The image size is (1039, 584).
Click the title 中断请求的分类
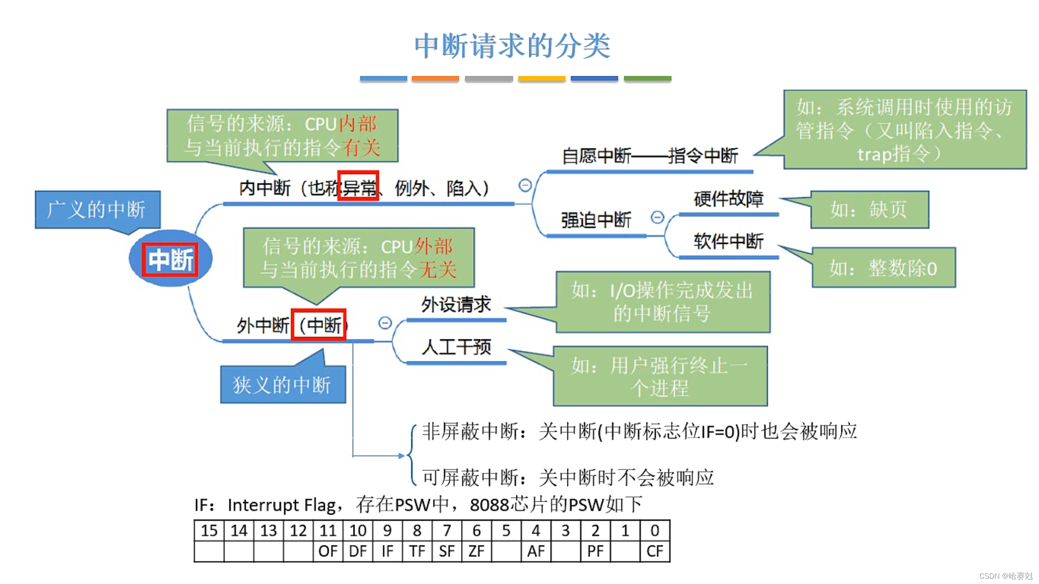(x=512, y=46)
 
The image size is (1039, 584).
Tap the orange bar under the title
(x=435, y=79)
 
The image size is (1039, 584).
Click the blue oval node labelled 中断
(x=170, y=259)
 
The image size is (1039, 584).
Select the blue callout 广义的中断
(x=97, y=209)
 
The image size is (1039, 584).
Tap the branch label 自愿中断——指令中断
(x=649, y=156)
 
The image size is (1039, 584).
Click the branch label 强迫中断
(x=596, y=220)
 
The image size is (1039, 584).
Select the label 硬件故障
(x=728, y=199)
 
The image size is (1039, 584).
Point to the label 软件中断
(x=728, y=241)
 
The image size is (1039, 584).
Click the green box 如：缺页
(x=869, y=210)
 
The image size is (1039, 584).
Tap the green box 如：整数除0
(x=883, y=268)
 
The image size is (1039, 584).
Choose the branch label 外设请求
(x=456, y=304)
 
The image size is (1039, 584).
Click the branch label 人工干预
(x=456, y=347)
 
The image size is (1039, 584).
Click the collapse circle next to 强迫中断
(x=657, y=217)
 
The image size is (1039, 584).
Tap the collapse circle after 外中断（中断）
(x=385, y=323)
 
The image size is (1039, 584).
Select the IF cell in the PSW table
(x=387, y=551)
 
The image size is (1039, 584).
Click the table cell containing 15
(x=209, y=530)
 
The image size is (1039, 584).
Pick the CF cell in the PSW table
(x=654, y=551)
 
